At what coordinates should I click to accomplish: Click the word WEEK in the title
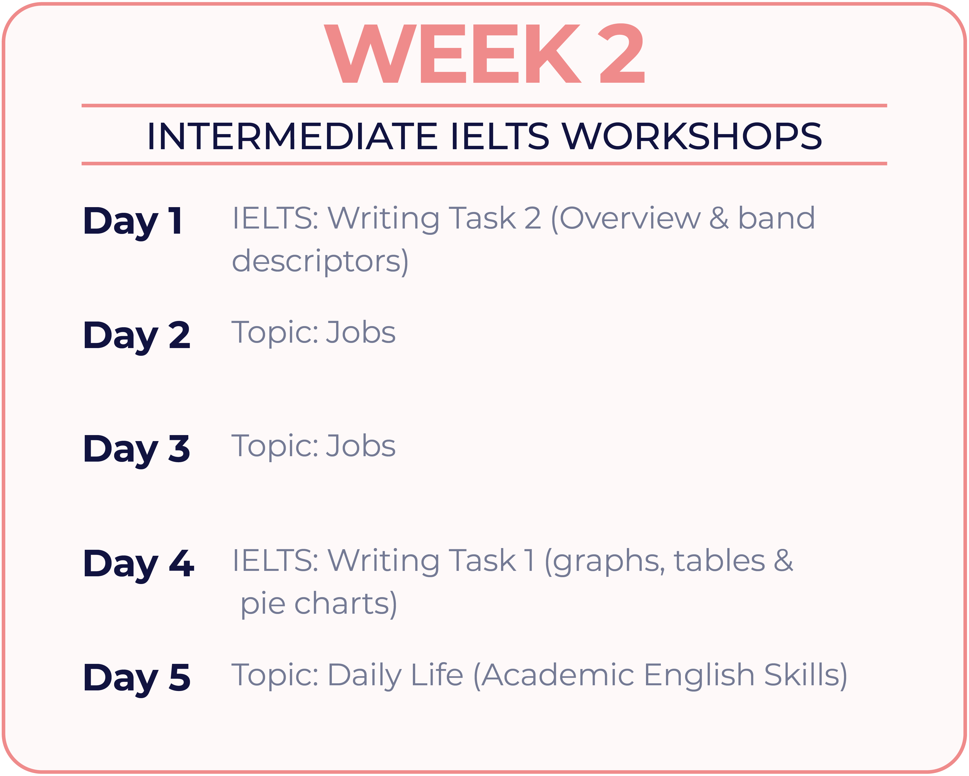(x=453, y=53)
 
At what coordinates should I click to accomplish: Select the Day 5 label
(x=137, y=679)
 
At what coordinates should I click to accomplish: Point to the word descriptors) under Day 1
(x=320, y=262)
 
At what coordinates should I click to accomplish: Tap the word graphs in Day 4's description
(x=605, y=562)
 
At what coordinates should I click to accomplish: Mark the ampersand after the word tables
(x=783, y=560)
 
